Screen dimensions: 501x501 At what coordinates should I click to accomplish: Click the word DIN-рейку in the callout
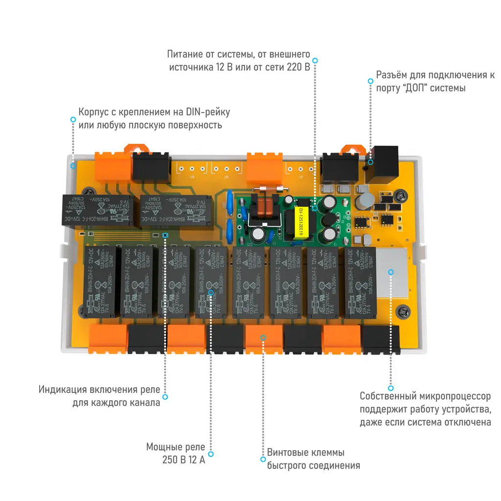click(205, 112)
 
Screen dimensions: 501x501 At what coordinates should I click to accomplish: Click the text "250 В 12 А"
click(183, 460)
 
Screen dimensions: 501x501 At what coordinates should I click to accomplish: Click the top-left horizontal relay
click(97, 210)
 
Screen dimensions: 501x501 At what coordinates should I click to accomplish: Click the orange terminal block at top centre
click(265, 169)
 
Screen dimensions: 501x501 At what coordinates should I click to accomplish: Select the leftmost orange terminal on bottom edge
click(108, 339)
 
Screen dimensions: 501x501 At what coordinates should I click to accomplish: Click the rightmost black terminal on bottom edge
click(381, 339)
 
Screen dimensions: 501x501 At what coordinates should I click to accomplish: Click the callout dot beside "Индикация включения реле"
click(165, 397)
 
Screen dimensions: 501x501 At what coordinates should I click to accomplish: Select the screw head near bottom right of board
click(404, 310)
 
